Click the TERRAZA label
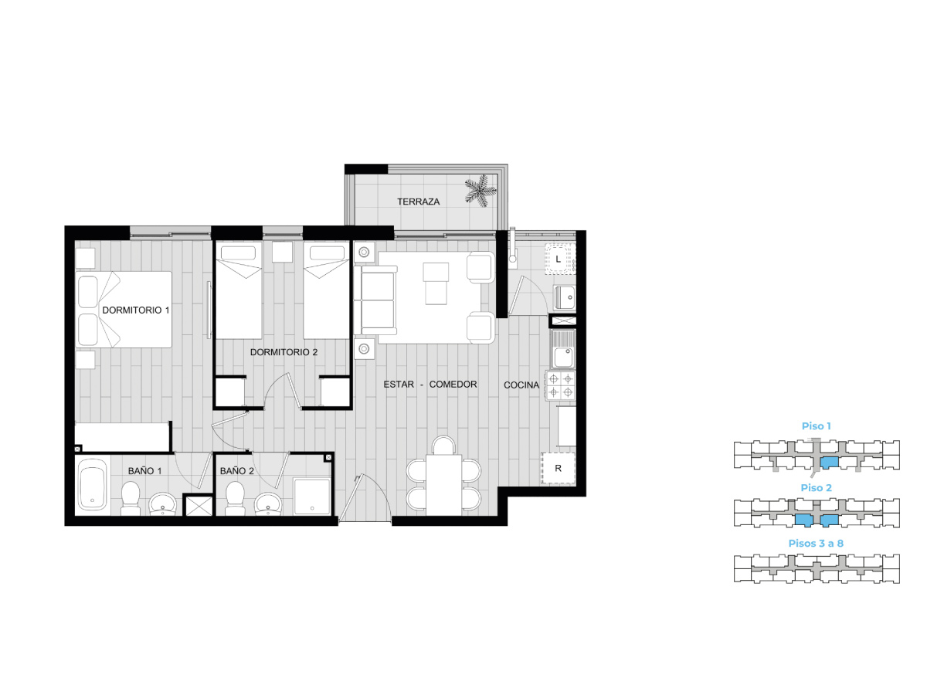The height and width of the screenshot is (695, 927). [x=418, y=202]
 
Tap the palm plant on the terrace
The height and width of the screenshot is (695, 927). [x=480, y=192]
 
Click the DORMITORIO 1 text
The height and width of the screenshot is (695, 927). [x=135, y=310]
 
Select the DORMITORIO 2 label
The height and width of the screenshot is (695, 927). [x=284, y=352]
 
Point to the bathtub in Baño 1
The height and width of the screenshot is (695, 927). [x=93, y=486]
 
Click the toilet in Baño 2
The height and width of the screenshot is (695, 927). [x=235, y=498]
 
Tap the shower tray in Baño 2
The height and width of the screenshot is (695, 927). [x=311, y=497]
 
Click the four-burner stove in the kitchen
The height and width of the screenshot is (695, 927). [x=560, y=385]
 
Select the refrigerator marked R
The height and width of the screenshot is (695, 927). [x=558, y=468]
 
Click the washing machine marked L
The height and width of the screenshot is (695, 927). [x=559, y=259]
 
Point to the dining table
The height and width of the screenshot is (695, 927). [x=443, y=484]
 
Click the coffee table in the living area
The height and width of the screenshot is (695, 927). [x=436, y=283]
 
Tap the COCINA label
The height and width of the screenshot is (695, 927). [x=521, y=385]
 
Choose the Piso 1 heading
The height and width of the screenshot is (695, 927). [x=816, y=425]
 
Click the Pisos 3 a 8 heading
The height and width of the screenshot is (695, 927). [x=816, y=543]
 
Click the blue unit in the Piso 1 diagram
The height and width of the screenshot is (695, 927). [x=829, y=463]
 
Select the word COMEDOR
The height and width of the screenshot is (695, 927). [x=453, y=385]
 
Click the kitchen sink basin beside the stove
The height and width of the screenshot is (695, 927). [x=563, y=358]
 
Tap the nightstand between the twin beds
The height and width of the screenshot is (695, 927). [x=282, y=252]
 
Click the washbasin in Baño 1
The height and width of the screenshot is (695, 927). [x=162, y=504]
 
